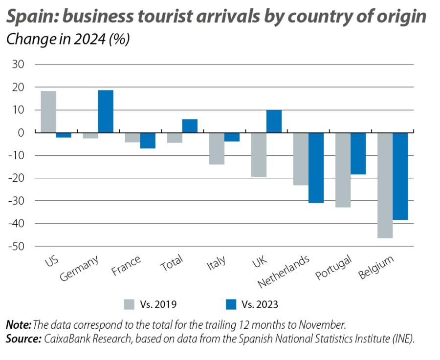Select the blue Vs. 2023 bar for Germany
pyautogui.click(x=106, y=111)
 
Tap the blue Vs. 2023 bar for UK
pyautogui.click(x=274, y=121)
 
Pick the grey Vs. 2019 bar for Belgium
pyautogui.click(x=385, y=185)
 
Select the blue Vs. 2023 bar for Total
pyautogui.click(x=190, y=126)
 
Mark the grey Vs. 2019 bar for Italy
pyautogui.click(x=217, y=148)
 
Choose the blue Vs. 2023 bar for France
pyautogui.click(x=148, y=140)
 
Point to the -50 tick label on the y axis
pyautogui.click(x=17, y=246)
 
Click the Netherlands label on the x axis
pyautogui.click(x=284, y=272)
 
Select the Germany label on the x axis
pyautogui.click(x=79, y=268)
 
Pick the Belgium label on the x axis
pyautogui.click(x=376, y=268)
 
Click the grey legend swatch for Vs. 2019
pyautogui.click(x=129, y=304)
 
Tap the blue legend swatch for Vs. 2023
pyautogui.click(x=231, y=304)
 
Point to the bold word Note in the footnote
pyautogui.click(x=18, y=325)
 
